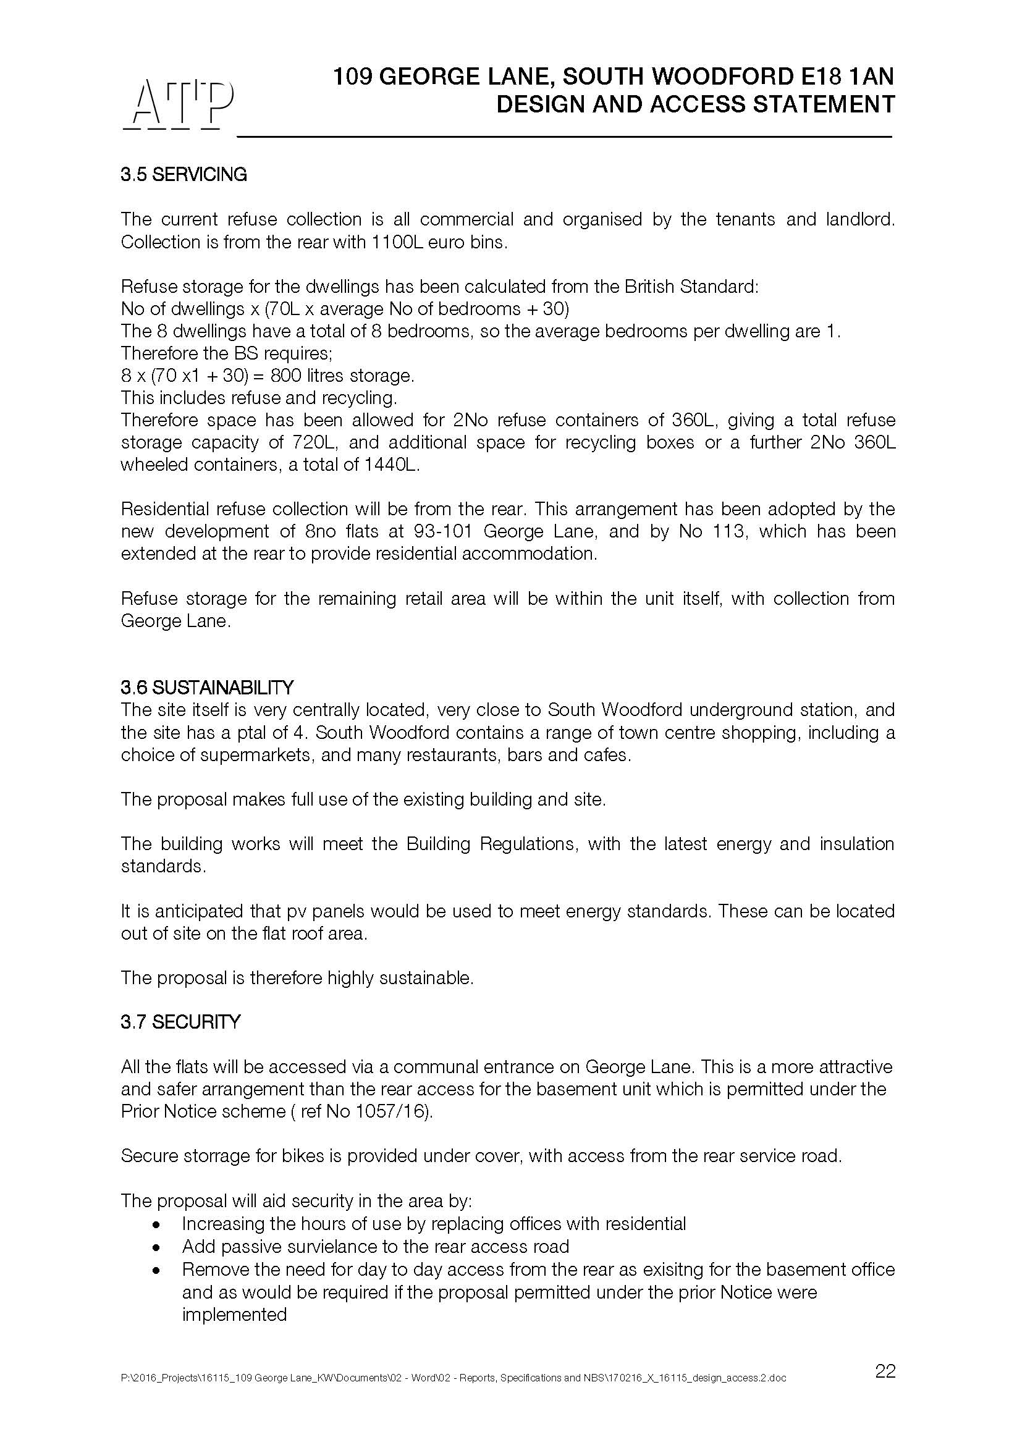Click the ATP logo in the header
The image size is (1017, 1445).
point(177,104)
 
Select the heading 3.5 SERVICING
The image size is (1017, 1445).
point(184,174)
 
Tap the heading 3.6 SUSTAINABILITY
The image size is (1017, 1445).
point(207,686)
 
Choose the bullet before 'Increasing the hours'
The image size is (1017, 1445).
point(156,1224)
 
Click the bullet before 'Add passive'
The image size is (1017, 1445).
point(156,1247)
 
